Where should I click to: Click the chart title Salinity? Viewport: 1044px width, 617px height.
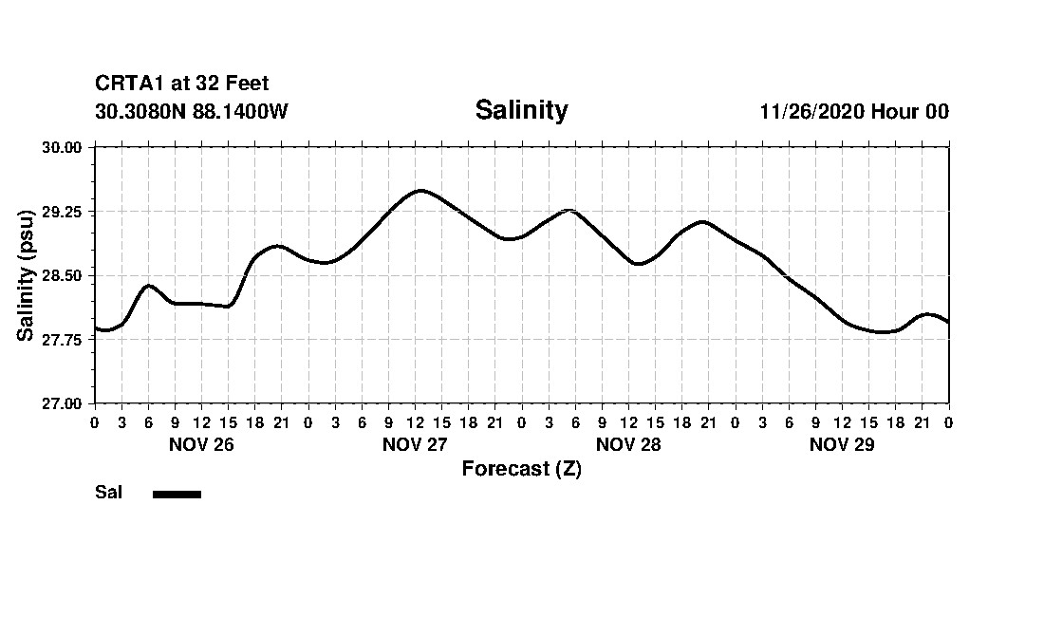pyautogui.click(x=521, y=110)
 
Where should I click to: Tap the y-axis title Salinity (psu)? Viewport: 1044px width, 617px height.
pyautogui.click(x=27, y=275)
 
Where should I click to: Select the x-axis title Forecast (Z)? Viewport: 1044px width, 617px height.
pyautogui.click(x=521, y=469)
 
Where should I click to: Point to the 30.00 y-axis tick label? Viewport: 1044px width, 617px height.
pyautogui.click(x=63, y=148)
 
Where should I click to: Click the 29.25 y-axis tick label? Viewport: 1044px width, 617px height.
pyautogui.click(x=63, y=212)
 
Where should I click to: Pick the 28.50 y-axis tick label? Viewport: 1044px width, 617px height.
pyautogui.click(x=63, y=276)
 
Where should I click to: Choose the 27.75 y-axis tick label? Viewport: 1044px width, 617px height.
pyautogui.click(x=63, y=340)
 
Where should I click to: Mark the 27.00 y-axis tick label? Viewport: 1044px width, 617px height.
pyautogui.click(x=63, y=403)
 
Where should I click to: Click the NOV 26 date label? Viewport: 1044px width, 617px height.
pyautogui.click(x=201, y=444)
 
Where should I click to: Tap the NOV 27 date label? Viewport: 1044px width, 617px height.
pyautogui.click(x=415, y=444)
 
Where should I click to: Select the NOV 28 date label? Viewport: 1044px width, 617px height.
pyautogui.click(x=628, y=444)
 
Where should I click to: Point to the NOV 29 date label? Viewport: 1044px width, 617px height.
pyautogui.click(x=842, y=444)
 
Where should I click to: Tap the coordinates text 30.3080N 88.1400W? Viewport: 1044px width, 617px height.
pyautogui.click(x=192, y=111)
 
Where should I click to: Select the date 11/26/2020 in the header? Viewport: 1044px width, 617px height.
pyautogui.click(x=811, y=111)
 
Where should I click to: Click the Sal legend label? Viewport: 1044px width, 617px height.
pyautogui.click(x=108, y=493)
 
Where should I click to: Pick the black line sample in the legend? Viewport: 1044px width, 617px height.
pyautogui.click(x=177, y=494)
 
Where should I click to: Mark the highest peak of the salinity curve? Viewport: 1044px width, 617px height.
pyautogui.click(x=420, y=191)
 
